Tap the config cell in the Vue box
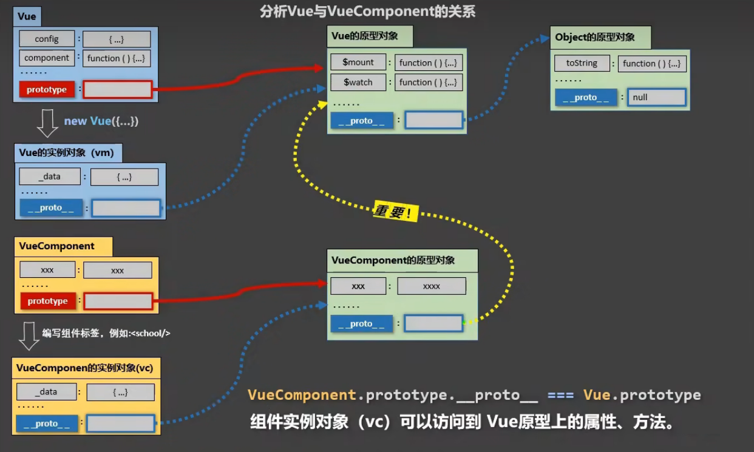pyautogui.click(x=47, y=39)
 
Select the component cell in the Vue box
pyautogui.click(x=47, y=58)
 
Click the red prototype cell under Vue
pyautogui.click(x=47, y=90)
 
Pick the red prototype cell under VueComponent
pyautogui.click(x=48, y=301)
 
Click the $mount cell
pyautogui.click(x=358, y=62)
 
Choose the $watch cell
pyautogui.click(x=358, y=82)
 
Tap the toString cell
pyautogui.click(x=582, y=63)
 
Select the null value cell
pyautogui.click(x=656, y=97)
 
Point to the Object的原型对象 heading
pyautogui.click(x=595, y=38)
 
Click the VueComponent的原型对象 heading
pyautogui.click(x=393, y=260)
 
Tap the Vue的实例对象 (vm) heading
pyautogui.click(x=66, y=153)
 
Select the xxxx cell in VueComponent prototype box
pyautogui.click(x=432, y=286)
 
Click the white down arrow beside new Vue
pyautogui.click(x=47, y=123)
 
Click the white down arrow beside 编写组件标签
pyautogui.click(x=29, y=336)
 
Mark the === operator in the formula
pyautogui.click(x=560, y=396)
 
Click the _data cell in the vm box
pyautogui.click(x=49, y=177)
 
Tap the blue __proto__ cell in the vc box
pyautogui.click(x=47, y=423)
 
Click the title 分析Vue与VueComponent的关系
pyautogui.click(x=367, y=12)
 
